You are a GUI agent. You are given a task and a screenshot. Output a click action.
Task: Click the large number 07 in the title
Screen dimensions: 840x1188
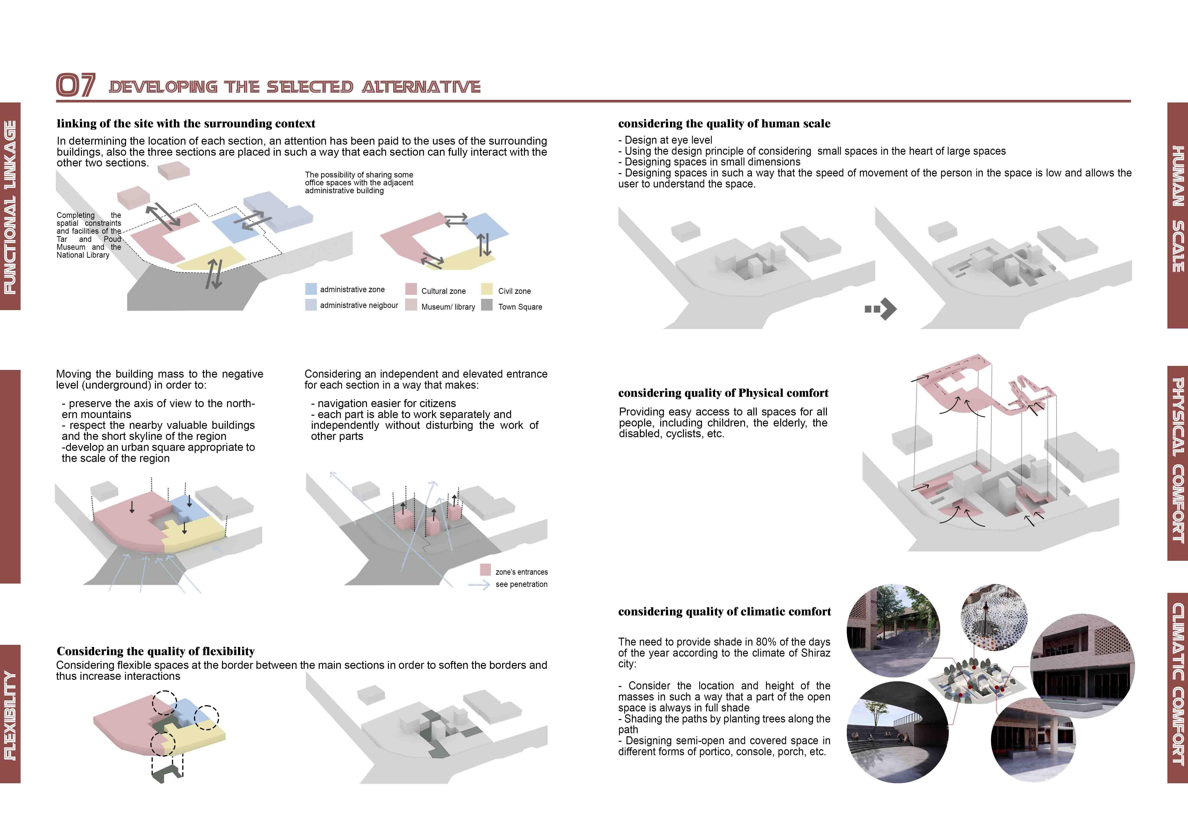[x=75, y=85]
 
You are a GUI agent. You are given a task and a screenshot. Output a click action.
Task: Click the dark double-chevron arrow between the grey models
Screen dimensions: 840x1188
[x=880, y=309]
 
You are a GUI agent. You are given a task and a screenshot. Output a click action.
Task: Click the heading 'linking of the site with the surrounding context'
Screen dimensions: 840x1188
[x=186, y=124]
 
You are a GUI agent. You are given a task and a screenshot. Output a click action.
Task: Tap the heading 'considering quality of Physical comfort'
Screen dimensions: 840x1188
[x=723, y=393]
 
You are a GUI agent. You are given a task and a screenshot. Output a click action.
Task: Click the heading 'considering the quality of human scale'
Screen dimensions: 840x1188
[x=724, y=124]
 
